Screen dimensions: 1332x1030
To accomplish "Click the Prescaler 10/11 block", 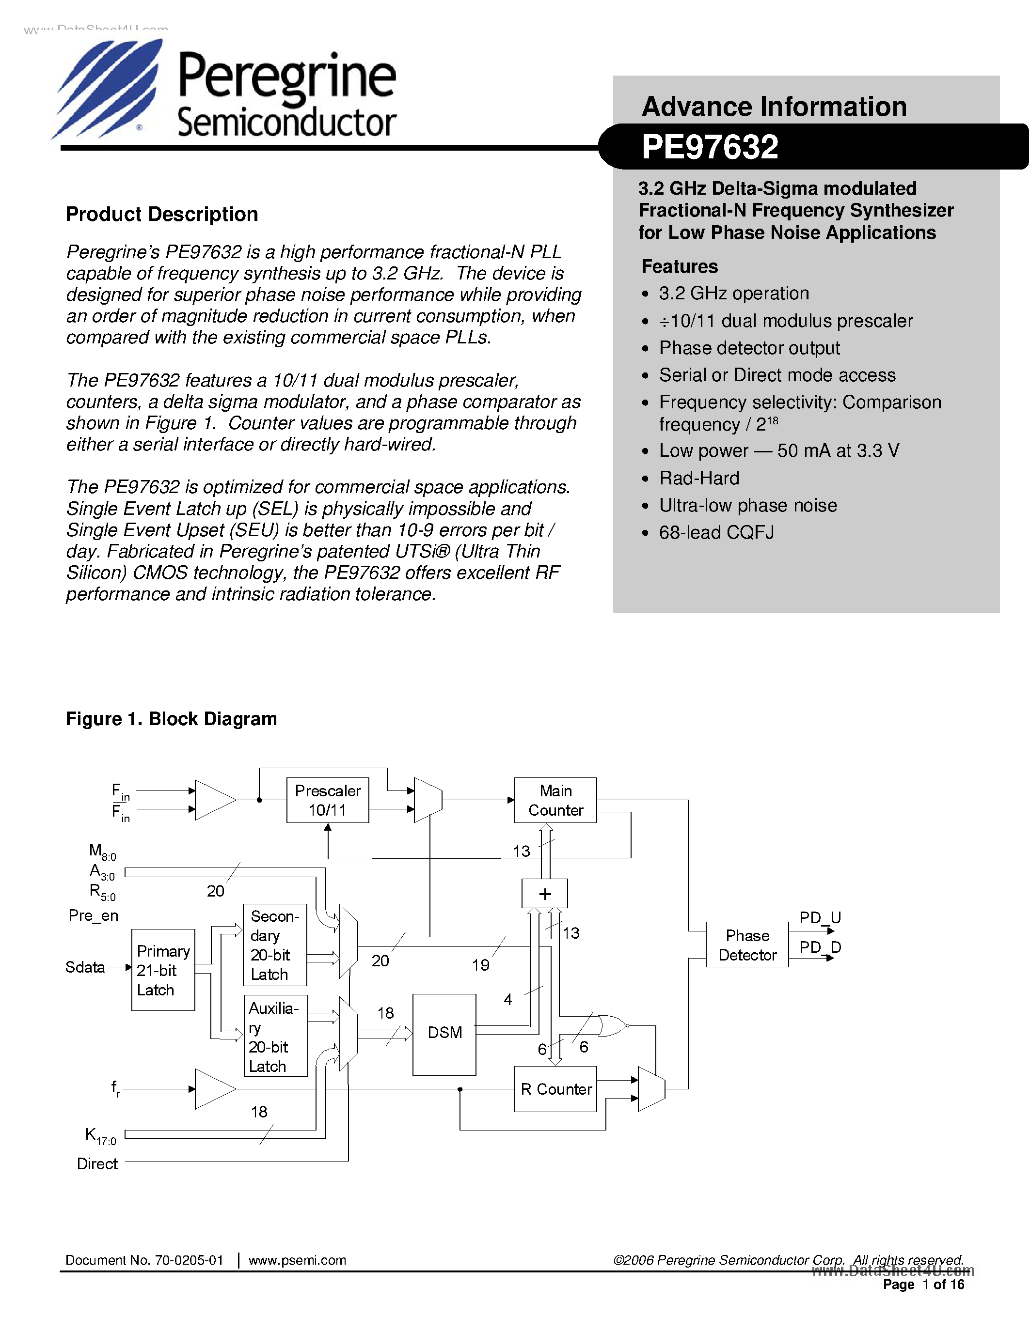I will (328, 800).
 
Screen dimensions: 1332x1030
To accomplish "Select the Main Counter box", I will (555, 800).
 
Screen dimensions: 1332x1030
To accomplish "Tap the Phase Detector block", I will (747, 945).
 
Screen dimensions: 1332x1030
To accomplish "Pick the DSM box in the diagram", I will (444, 1033).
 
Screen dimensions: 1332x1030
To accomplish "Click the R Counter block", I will (555, 1089).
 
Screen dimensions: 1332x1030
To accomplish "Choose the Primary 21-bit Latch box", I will (163, 970).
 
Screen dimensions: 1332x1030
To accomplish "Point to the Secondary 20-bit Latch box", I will (274, 945).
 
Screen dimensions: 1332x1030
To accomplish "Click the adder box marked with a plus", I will (545, 894).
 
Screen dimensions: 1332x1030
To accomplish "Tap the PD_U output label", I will (820, 917).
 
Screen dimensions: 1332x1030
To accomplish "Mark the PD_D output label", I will (820, 947).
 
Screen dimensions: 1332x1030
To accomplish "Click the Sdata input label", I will (85, 967).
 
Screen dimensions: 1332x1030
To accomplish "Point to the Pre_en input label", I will (94, 915).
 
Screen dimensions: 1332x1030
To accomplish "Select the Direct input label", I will (97, 1163).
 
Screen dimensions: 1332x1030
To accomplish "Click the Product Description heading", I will (162, 214).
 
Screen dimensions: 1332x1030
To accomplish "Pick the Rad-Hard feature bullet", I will (698, 478).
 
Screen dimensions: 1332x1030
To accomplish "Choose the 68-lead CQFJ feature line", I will (716, 532).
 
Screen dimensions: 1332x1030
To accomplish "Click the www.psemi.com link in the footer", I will (297, 1260).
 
